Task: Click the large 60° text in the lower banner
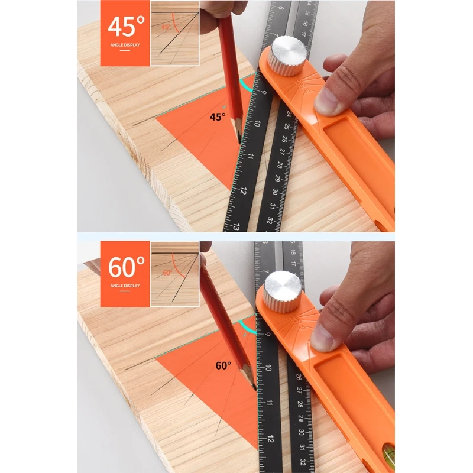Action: coord(125,267)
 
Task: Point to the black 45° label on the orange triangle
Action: coord(218,117)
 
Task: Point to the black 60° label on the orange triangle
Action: coord(223,365)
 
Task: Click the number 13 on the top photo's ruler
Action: coord(235,226)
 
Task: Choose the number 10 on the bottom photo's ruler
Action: coord(268,368)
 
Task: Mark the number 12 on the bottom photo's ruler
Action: coord(269,439)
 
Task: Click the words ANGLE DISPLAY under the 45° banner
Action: coord(125,44)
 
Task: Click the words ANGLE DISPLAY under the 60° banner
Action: coord(125,286)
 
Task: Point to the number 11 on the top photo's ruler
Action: coord(250,158)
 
